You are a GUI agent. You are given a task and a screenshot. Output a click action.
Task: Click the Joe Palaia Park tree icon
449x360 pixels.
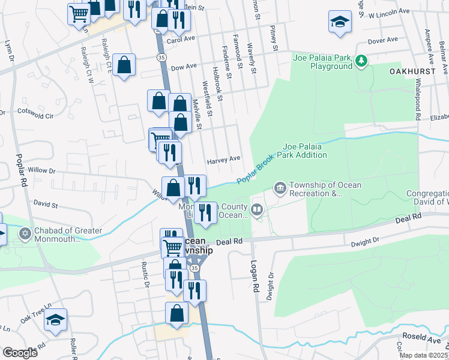tap(361, 61)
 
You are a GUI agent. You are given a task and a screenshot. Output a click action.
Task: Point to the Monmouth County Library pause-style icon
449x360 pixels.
tap(257, 210)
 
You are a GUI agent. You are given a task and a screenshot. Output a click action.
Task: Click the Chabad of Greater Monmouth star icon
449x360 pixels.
tap(25, 233)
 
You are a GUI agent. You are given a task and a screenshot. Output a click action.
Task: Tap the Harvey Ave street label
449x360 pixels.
tap(223, 160)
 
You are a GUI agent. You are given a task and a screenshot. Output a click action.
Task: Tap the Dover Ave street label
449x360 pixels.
tap(383, 40)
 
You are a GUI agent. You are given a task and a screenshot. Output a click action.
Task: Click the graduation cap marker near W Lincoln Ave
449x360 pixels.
tap(340, 23)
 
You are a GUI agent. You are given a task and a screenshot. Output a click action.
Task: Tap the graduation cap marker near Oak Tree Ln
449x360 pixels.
tap(55, 320)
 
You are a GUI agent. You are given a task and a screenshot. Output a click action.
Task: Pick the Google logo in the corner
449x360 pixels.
tap(20, 352)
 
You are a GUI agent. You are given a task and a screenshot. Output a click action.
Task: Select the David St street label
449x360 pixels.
tap(46, 205)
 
